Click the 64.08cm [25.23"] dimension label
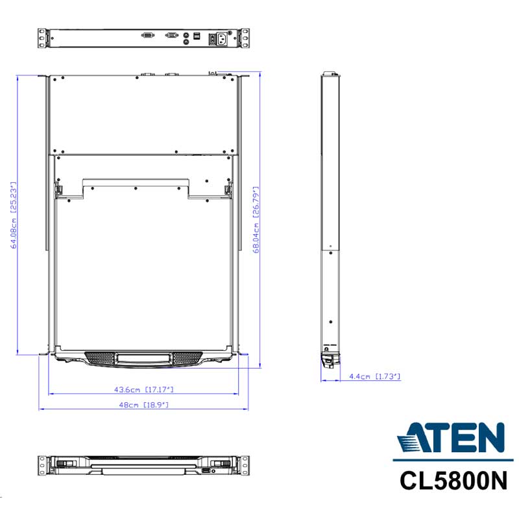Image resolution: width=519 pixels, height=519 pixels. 14,215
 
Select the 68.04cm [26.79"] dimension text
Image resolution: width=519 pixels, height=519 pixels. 256,220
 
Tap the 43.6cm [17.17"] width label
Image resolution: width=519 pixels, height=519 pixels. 143,390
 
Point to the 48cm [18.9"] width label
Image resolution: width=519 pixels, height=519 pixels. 143,405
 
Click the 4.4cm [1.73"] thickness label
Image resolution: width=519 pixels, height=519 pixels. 375,376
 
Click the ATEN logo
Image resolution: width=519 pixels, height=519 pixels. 452,437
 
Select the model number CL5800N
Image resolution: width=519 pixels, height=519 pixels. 453,481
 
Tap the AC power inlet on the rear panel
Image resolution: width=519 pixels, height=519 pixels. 222,39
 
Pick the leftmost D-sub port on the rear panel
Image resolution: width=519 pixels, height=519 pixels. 148,35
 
